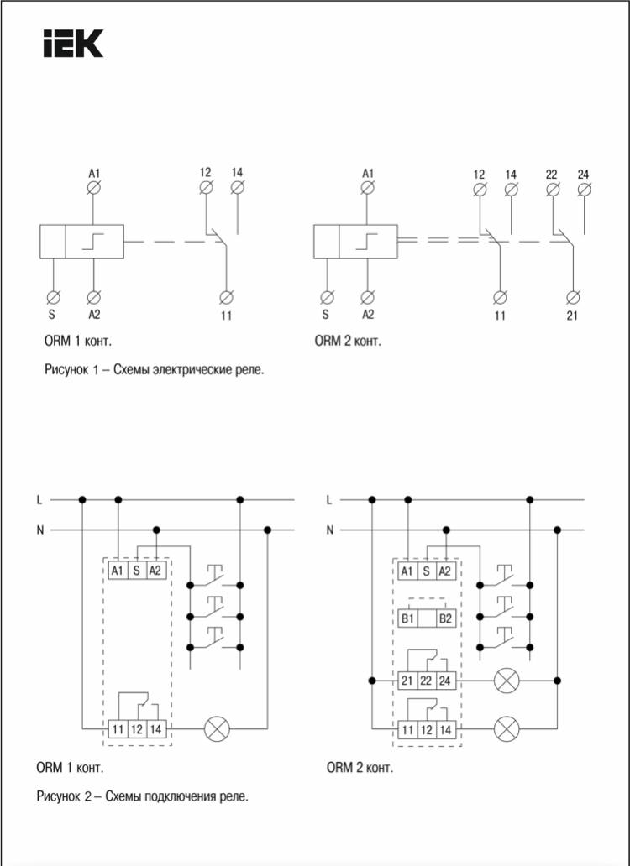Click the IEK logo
74,44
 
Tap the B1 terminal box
408,618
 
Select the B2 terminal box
445,618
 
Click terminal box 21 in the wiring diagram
407,681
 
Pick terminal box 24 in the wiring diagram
445,681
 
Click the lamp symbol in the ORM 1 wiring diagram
218,729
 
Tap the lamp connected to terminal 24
507,681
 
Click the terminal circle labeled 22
552,190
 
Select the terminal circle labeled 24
584,190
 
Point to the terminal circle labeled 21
573,298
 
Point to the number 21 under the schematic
573,316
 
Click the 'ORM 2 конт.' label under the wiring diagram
360,767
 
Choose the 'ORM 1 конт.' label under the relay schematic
78,341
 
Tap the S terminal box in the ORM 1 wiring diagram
136,571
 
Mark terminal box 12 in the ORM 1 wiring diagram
136,729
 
